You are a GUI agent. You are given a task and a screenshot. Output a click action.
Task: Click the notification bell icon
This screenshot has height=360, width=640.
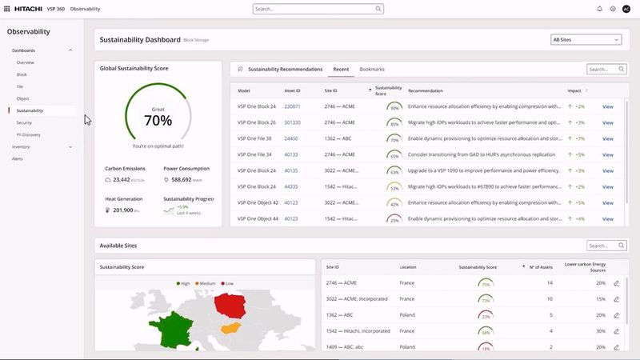coord(600,9)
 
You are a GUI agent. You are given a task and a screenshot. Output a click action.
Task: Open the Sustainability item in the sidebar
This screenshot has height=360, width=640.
coord(30,110)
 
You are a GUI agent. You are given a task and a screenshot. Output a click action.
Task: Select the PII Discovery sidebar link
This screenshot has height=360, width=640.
coord(29,134)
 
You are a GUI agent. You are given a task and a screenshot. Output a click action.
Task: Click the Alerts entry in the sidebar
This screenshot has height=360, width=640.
coord(18,158)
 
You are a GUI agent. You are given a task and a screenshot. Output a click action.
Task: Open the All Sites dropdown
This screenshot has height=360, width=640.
coord(586,39)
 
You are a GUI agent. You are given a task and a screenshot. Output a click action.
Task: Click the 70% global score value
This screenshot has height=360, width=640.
coord(158,120)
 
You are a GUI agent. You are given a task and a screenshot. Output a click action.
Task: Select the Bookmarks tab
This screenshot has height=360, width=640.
coord(371,70)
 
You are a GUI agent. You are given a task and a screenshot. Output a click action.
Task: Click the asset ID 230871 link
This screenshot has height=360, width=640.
coord(292,106)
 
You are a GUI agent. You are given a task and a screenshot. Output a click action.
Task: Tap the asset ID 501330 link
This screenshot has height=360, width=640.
coord(292,122)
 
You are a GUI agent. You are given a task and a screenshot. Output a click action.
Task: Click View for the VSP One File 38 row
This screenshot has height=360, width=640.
coord(608,138)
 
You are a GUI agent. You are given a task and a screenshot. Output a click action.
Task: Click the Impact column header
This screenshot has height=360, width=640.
coord(574,90)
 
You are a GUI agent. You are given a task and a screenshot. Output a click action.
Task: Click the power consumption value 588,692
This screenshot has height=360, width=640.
coord(187,180)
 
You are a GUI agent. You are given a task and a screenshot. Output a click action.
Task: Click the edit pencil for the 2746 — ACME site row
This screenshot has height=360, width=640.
coord(616,283)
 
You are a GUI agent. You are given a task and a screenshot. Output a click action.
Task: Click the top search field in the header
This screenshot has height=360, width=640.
coord(318,9)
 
